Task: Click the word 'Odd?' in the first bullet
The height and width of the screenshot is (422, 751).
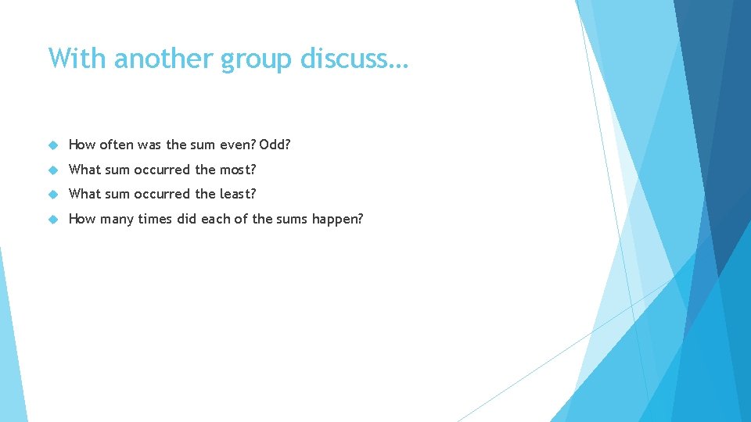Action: (280, 145)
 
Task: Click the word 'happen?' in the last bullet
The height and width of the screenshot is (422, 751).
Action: (337, 220)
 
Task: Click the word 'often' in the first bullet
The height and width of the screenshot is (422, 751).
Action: (116, 145)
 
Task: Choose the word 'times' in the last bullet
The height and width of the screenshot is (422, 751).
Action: (155, 219)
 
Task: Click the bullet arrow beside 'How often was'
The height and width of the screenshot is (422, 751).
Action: (54, 145)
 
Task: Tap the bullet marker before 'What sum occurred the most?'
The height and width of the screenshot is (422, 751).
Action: (54, 170)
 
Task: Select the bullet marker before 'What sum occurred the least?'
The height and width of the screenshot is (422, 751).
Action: (54, 195)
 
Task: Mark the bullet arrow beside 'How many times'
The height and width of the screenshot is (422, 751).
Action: (54, 220)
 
